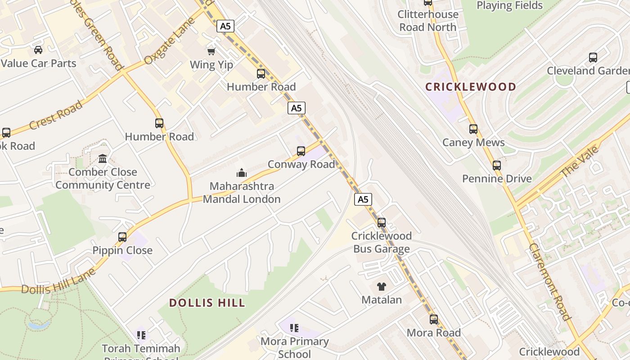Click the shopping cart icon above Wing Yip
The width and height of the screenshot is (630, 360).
[x=211, y=51]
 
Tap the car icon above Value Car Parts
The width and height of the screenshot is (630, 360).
[x=38, y=49]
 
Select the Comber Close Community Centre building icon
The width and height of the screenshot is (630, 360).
[x=103, y=158]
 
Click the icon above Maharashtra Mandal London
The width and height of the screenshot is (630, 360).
[x=242, y=173]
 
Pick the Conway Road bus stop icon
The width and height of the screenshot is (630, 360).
[x=301, y=151]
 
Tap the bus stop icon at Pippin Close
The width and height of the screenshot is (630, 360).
[x=122, y=237]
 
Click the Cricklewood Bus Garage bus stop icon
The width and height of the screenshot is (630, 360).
[x=382, y=222]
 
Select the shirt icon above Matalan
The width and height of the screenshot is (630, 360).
[x=382, y=286]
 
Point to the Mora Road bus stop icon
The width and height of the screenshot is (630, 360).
[x=434, y=319]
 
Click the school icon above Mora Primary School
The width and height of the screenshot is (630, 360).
[x=294, y=328]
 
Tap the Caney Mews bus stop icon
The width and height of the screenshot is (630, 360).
[x=473, y=129]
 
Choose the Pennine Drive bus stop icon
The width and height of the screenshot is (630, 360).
[x=497, y=165]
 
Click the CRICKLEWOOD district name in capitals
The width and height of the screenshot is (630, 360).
[x=471, y=87]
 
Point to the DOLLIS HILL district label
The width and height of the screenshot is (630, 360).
[x=207, y=303]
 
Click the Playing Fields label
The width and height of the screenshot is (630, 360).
[x=510, y=5]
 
